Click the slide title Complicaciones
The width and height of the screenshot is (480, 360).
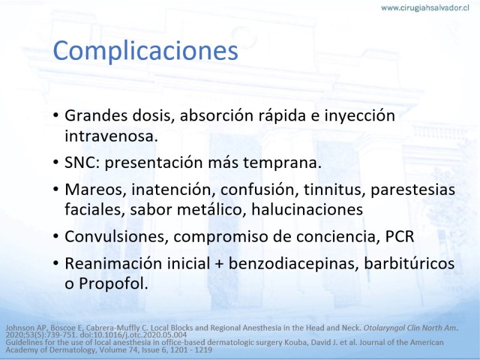(145, 51)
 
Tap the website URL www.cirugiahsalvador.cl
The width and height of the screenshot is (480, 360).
(425, 8)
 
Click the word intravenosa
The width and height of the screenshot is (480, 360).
(111, 136)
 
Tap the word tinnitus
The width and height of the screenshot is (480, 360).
(335, 190)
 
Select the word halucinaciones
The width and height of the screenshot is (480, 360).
(307, 209)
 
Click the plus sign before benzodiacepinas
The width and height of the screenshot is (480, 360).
(219, 264)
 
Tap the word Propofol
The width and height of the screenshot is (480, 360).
(113, 283)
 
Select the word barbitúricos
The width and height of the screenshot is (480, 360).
(409, 263)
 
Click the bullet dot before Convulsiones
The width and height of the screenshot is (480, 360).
(55, 236)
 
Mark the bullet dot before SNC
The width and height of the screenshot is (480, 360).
(55, 162)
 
